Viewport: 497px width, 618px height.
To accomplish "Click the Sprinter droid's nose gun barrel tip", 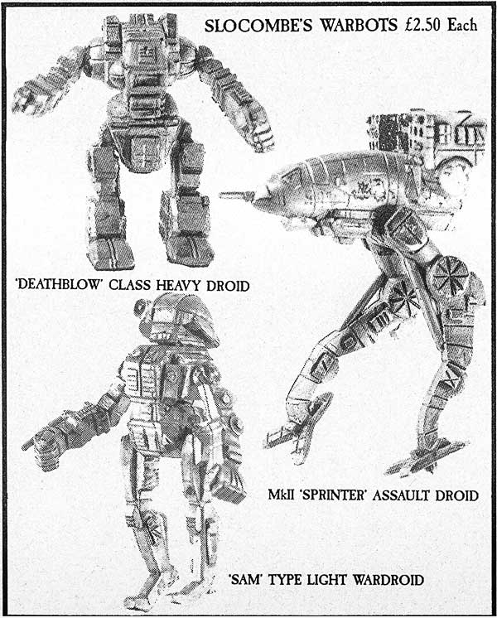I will pos(224,196).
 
